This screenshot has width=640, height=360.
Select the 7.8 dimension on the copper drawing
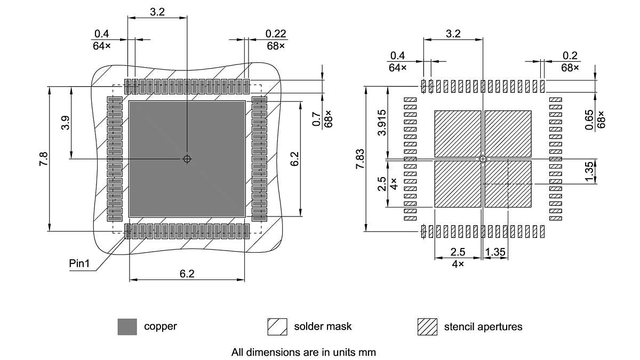tap(43, 158)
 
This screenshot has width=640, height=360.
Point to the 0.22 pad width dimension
tap(276, 34)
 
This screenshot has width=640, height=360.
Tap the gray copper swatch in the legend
tap(127, 326)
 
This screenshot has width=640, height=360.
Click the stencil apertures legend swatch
tap(427, 326)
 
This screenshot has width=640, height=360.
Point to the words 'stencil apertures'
tap(483, 326)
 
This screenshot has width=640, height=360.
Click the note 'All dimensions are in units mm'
tap(303, 352)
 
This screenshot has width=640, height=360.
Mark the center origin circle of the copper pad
tap(187, 158)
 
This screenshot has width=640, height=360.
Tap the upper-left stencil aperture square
tap(458, 133)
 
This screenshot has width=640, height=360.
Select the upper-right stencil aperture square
tap(508, 133)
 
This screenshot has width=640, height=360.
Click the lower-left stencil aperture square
tap(458, 184)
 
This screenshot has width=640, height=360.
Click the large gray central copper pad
tap(160, 187)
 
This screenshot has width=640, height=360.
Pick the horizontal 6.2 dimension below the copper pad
tap(187, 274)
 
